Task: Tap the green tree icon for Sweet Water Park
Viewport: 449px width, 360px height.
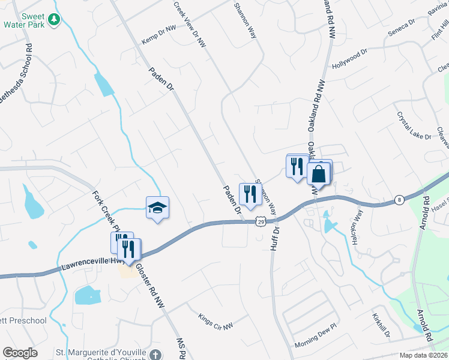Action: (x=54, y=20)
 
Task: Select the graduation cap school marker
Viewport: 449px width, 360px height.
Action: (x=157, y=208)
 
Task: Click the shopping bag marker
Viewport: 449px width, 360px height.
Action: (x=319, y=173)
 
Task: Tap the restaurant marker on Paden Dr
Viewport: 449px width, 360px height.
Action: (x=250, y=194)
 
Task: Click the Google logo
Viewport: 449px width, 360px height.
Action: (x=20, y=353)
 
